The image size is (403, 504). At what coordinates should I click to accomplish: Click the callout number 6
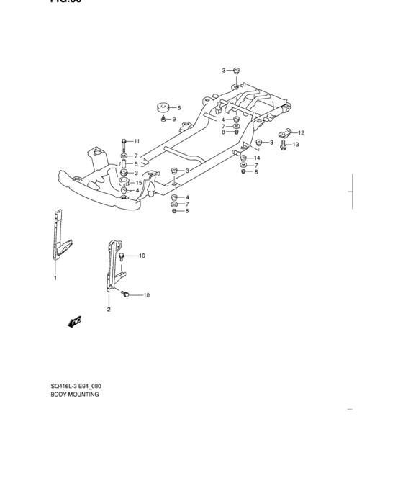(178, 108)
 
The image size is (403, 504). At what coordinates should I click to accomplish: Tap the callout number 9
(173, 119)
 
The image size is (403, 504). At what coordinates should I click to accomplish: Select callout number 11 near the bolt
(137, 141)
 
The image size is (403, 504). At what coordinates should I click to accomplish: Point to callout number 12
(301, 132)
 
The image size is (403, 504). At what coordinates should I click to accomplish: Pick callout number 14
(257, 158)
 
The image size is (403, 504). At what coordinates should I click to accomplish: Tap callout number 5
(135, 164)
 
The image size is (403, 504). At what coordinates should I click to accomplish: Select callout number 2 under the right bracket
(109, 310)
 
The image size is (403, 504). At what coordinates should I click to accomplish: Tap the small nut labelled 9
(164, 118)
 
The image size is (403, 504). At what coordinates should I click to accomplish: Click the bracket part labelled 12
(284, 132)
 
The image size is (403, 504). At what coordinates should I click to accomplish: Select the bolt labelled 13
(284, 145)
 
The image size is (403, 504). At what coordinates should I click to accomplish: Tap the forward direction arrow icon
(73, 322)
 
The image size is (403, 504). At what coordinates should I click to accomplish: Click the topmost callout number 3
(224, 70)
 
